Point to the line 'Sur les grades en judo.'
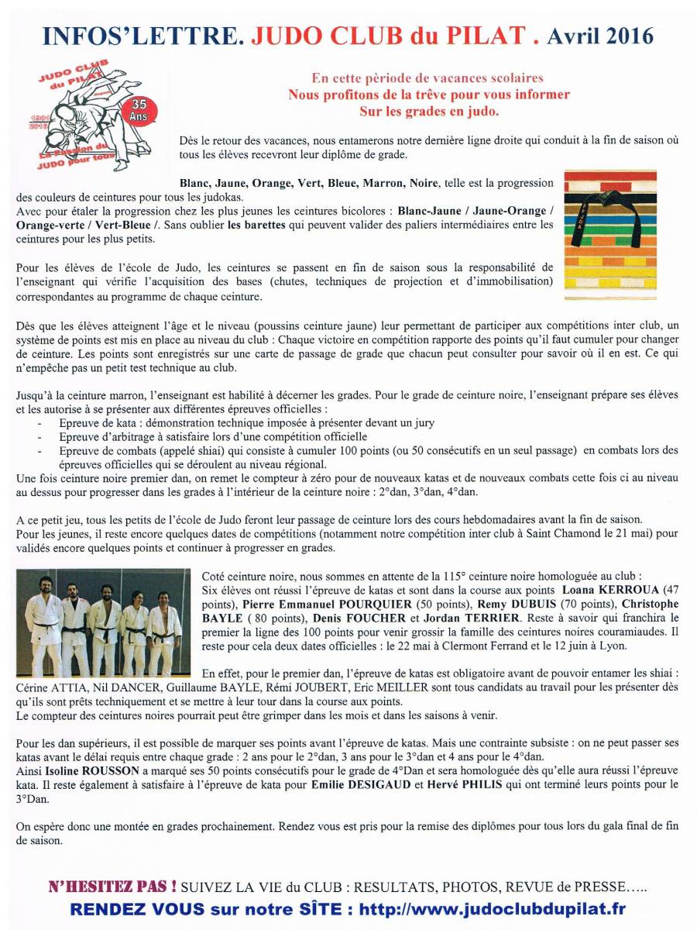pos(429,111)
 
